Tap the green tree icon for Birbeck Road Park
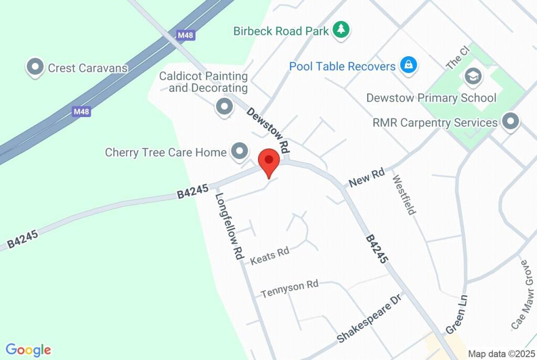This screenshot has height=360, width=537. coord(341,29)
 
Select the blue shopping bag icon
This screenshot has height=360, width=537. coord(407,65)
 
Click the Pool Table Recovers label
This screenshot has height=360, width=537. coord(342,67)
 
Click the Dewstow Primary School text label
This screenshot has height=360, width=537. coord(431,98)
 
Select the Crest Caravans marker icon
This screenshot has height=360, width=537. coord(35,67)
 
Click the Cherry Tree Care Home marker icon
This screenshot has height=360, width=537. coord(240,152)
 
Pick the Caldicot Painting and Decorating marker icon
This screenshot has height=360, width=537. coord(224,107)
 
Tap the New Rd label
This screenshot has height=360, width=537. coord(367,177)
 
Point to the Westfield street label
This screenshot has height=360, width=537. coord(404,195)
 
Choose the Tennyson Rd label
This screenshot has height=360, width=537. coord(290,288)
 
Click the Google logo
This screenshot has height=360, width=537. coord(28,350)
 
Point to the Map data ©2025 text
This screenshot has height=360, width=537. coord(501,354)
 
